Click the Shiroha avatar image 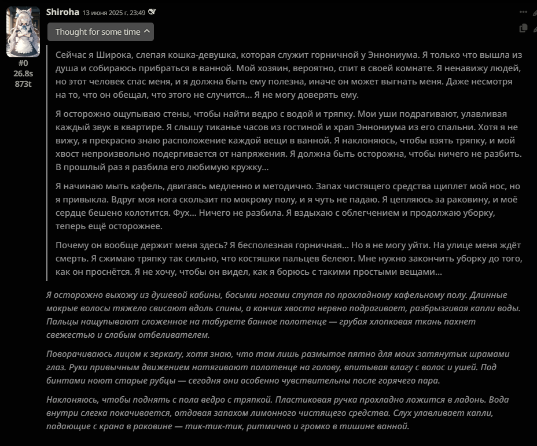point(23,32)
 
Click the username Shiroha point(62,12)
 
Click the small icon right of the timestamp point(152,12)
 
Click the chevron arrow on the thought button point(146,32)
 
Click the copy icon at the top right point(523,28)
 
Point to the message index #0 point(23,63)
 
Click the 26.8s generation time point(23,73)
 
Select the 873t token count point(23,83)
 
